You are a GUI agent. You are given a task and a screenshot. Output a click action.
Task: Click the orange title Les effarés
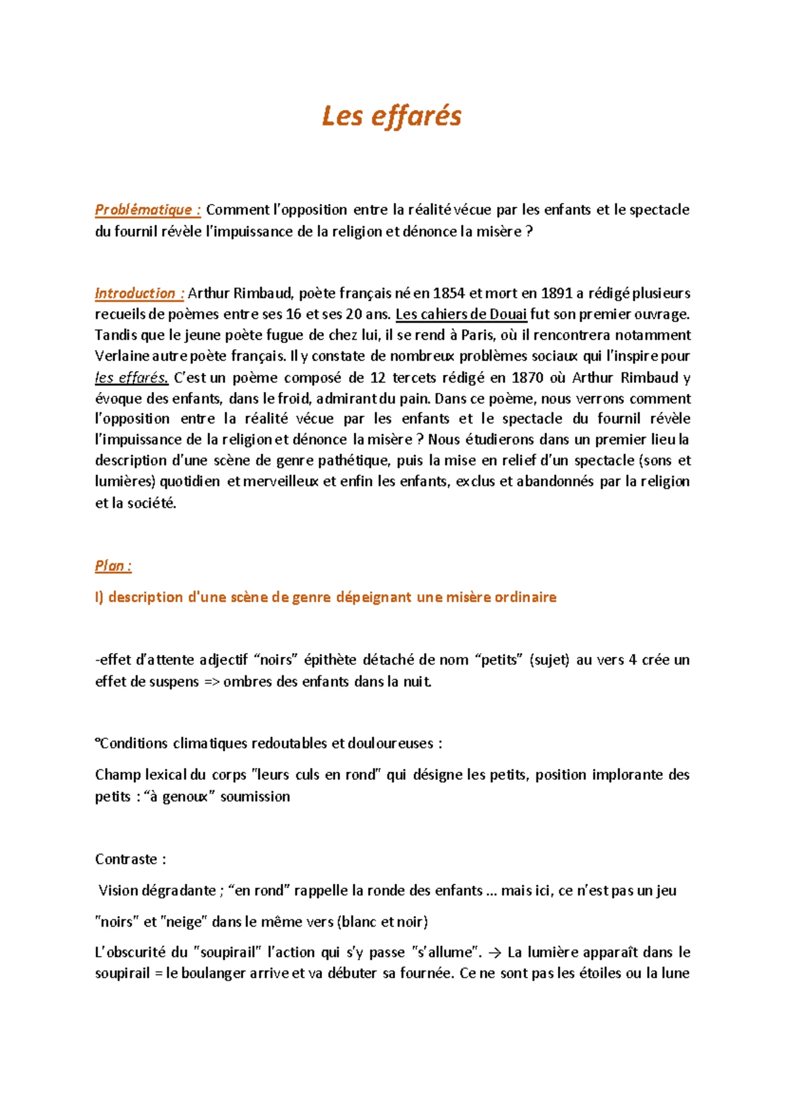[391, 116]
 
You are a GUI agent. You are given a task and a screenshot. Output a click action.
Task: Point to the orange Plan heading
[113, 566]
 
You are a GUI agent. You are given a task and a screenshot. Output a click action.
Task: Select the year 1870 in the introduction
[528, 378]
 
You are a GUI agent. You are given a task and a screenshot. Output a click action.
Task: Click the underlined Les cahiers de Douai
[461, 314]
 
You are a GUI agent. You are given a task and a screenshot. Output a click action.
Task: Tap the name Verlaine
[122, 356]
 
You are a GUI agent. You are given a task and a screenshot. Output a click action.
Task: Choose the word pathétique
[353, 461]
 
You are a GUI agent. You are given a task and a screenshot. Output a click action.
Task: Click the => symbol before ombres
[211, 682]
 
